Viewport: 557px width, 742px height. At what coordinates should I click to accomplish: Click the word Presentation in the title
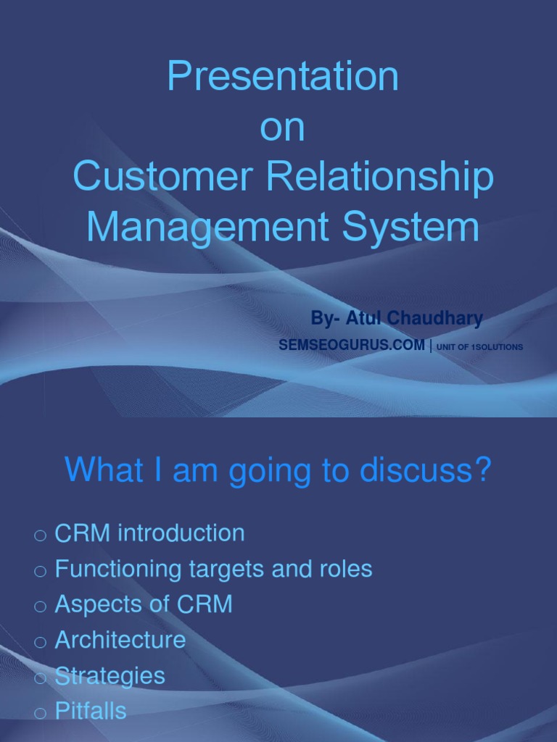283,75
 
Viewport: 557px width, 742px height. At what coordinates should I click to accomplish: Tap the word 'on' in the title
282,128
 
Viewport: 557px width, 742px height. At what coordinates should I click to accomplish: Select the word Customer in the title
162,175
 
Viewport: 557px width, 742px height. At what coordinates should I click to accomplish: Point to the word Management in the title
207,228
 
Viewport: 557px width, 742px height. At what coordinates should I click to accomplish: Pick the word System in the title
410,228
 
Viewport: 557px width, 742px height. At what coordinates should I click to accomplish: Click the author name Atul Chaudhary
414,318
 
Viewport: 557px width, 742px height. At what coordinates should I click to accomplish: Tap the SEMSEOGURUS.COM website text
352,345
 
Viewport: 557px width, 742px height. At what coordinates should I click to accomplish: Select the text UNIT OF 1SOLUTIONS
479,347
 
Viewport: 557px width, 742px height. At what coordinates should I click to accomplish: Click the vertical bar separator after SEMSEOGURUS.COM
431,346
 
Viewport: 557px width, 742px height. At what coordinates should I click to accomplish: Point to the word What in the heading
104,470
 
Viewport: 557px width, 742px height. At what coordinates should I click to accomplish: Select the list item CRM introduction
149,533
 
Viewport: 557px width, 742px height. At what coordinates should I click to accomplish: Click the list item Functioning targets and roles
214,569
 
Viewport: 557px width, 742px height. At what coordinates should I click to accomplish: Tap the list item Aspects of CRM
144,604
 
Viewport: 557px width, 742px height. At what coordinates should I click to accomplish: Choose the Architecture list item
120,640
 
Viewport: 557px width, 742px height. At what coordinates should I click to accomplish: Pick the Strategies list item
110,676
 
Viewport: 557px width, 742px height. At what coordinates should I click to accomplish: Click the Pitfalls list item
91,711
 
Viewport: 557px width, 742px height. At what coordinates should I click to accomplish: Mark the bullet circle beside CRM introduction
41,535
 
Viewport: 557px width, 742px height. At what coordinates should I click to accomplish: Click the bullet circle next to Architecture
41,643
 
